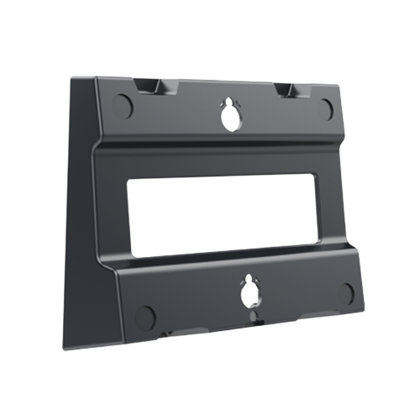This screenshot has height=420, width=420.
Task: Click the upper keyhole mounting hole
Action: point(228,119)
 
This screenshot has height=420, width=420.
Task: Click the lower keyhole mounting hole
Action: point(249,294)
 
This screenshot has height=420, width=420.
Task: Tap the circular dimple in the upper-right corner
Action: point(327,107)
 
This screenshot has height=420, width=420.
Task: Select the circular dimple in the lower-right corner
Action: point(347,293)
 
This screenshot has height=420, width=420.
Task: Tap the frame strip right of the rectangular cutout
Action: point(331,206)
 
